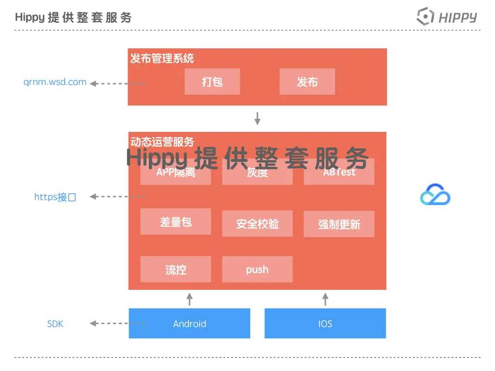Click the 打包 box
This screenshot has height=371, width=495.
point(212,82)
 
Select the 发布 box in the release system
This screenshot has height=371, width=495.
point(307,82)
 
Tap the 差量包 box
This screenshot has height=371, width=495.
point(176,222)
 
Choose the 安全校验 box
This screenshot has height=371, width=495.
point(257,224)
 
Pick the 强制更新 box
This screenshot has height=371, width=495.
point(339,224)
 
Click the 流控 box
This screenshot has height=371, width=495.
point(176,270)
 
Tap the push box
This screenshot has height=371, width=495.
point(257,270)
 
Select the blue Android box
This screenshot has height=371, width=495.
point(189,324)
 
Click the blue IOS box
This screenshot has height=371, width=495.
point(325,324)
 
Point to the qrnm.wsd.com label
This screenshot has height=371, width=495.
point(55,82)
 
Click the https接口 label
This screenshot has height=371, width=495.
point(55,197)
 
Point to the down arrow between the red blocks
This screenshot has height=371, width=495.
point(258,118)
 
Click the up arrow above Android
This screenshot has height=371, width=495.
point(189,299)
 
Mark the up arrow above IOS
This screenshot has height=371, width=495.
point(325,299)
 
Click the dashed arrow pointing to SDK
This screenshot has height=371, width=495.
point(117,324)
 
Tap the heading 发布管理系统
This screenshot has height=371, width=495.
point(162,59)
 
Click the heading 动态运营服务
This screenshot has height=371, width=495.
point(162,142)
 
